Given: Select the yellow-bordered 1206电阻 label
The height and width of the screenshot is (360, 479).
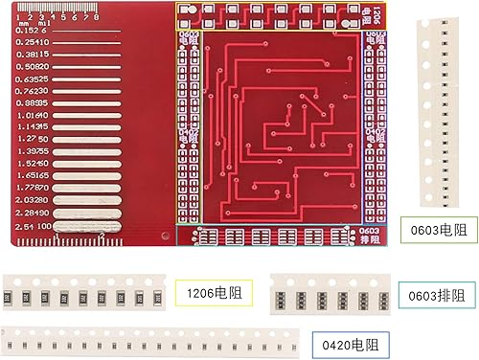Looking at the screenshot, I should (214, 291).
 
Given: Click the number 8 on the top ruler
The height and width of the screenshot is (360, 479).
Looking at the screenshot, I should (97, 17).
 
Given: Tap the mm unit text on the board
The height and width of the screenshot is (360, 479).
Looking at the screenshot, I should (20, 23).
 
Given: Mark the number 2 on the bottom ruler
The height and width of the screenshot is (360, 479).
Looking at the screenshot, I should (101, 235).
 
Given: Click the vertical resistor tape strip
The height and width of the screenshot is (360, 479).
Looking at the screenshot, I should (444, 115).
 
